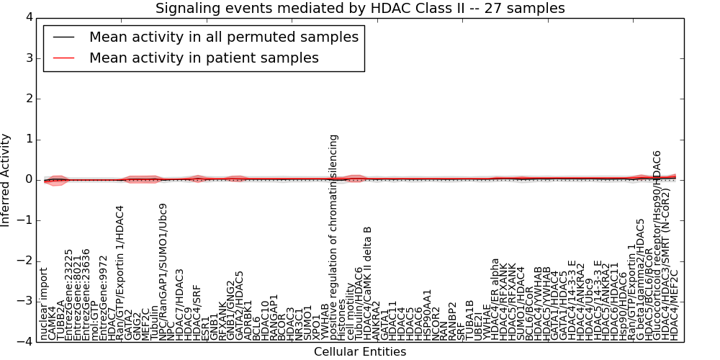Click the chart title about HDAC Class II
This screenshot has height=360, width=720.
(x=360, y=8)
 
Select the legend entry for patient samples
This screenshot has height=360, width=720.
(x=204, y=58)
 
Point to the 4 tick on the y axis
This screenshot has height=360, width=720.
(x=29, y=17)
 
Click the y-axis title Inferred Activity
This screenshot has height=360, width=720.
(x=6, y=180)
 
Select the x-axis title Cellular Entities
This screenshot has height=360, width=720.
(x=360, y=352)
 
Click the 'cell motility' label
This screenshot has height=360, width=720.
(x=351, y=314)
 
